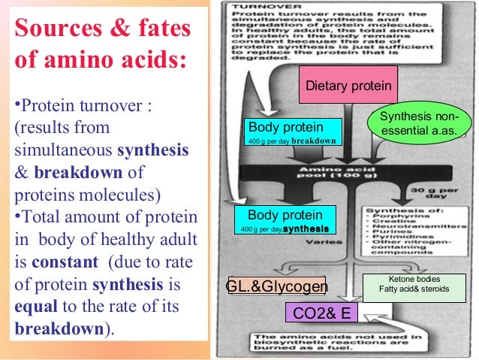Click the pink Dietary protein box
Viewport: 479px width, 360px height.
348,86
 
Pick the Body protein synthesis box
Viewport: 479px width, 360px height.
285,220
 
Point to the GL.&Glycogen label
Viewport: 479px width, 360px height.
277,287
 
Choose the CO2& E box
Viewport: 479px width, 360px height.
322,312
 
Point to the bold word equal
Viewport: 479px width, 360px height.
32,307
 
